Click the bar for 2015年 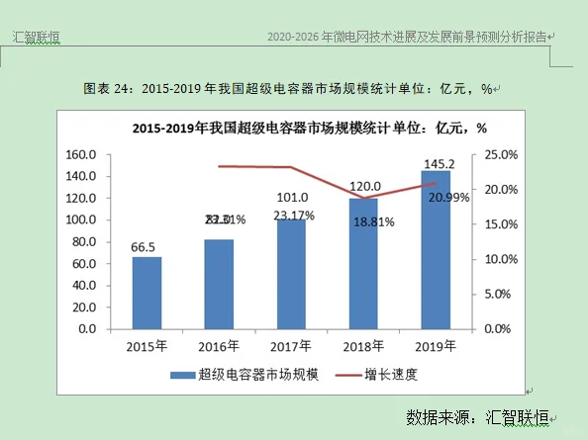click(147, 293)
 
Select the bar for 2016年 click(219, 284)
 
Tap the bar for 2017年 click(291, 274)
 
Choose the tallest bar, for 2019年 click(436, 249)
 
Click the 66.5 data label click(147, 246)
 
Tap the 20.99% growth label click(448, 197)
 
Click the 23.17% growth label click(294, 215)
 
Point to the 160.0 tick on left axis click(79, 155)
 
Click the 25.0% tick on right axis click(501, 155)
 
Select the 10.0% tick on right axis click(501, 259)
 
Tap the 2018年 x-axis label click(363, 345)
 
